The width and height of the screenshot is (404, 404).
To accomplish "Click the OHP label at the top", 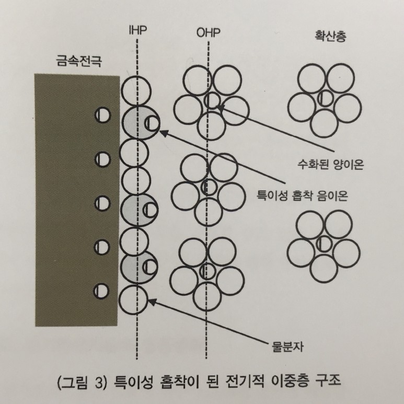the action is click(x=209, y=33).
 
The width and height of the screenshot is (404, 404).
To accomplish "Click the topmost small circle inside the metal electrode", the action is click(x=102, y=115).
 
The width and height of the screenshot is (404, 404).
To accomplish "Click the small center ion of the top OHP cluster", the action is click(x=212, y=100).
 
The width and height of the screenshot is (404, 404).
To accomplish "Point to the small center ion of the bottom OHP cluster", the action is click(x=208, y=272).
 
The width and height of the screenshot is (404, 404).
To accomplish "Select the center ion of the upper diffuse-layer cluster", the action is click(x=325, y=98).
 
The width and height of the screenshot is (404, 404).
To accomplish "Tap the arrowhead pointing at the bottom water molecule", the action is click(x=151, y=300).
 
